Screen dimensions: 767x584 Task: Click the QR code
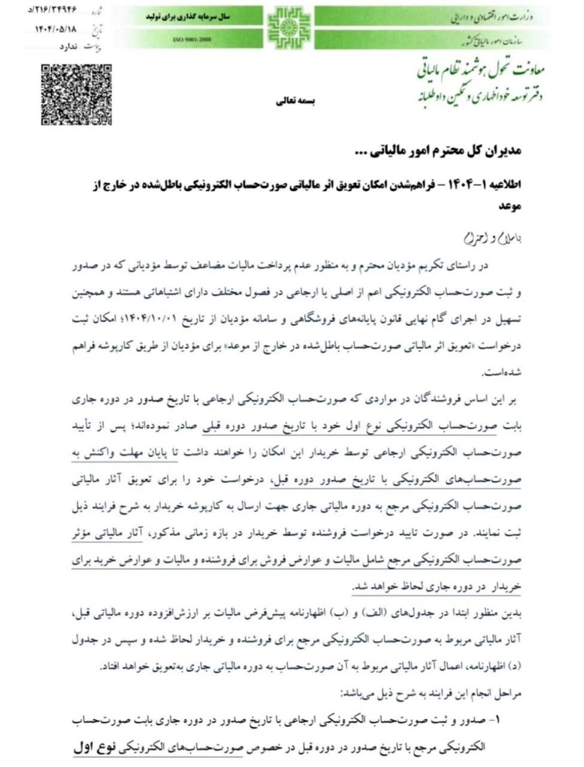coord(76,94)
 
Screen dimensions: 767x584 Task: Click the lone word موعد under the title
coord(510,206)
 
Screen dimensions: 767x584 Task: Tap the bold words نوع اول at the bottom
coord(95,748)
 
